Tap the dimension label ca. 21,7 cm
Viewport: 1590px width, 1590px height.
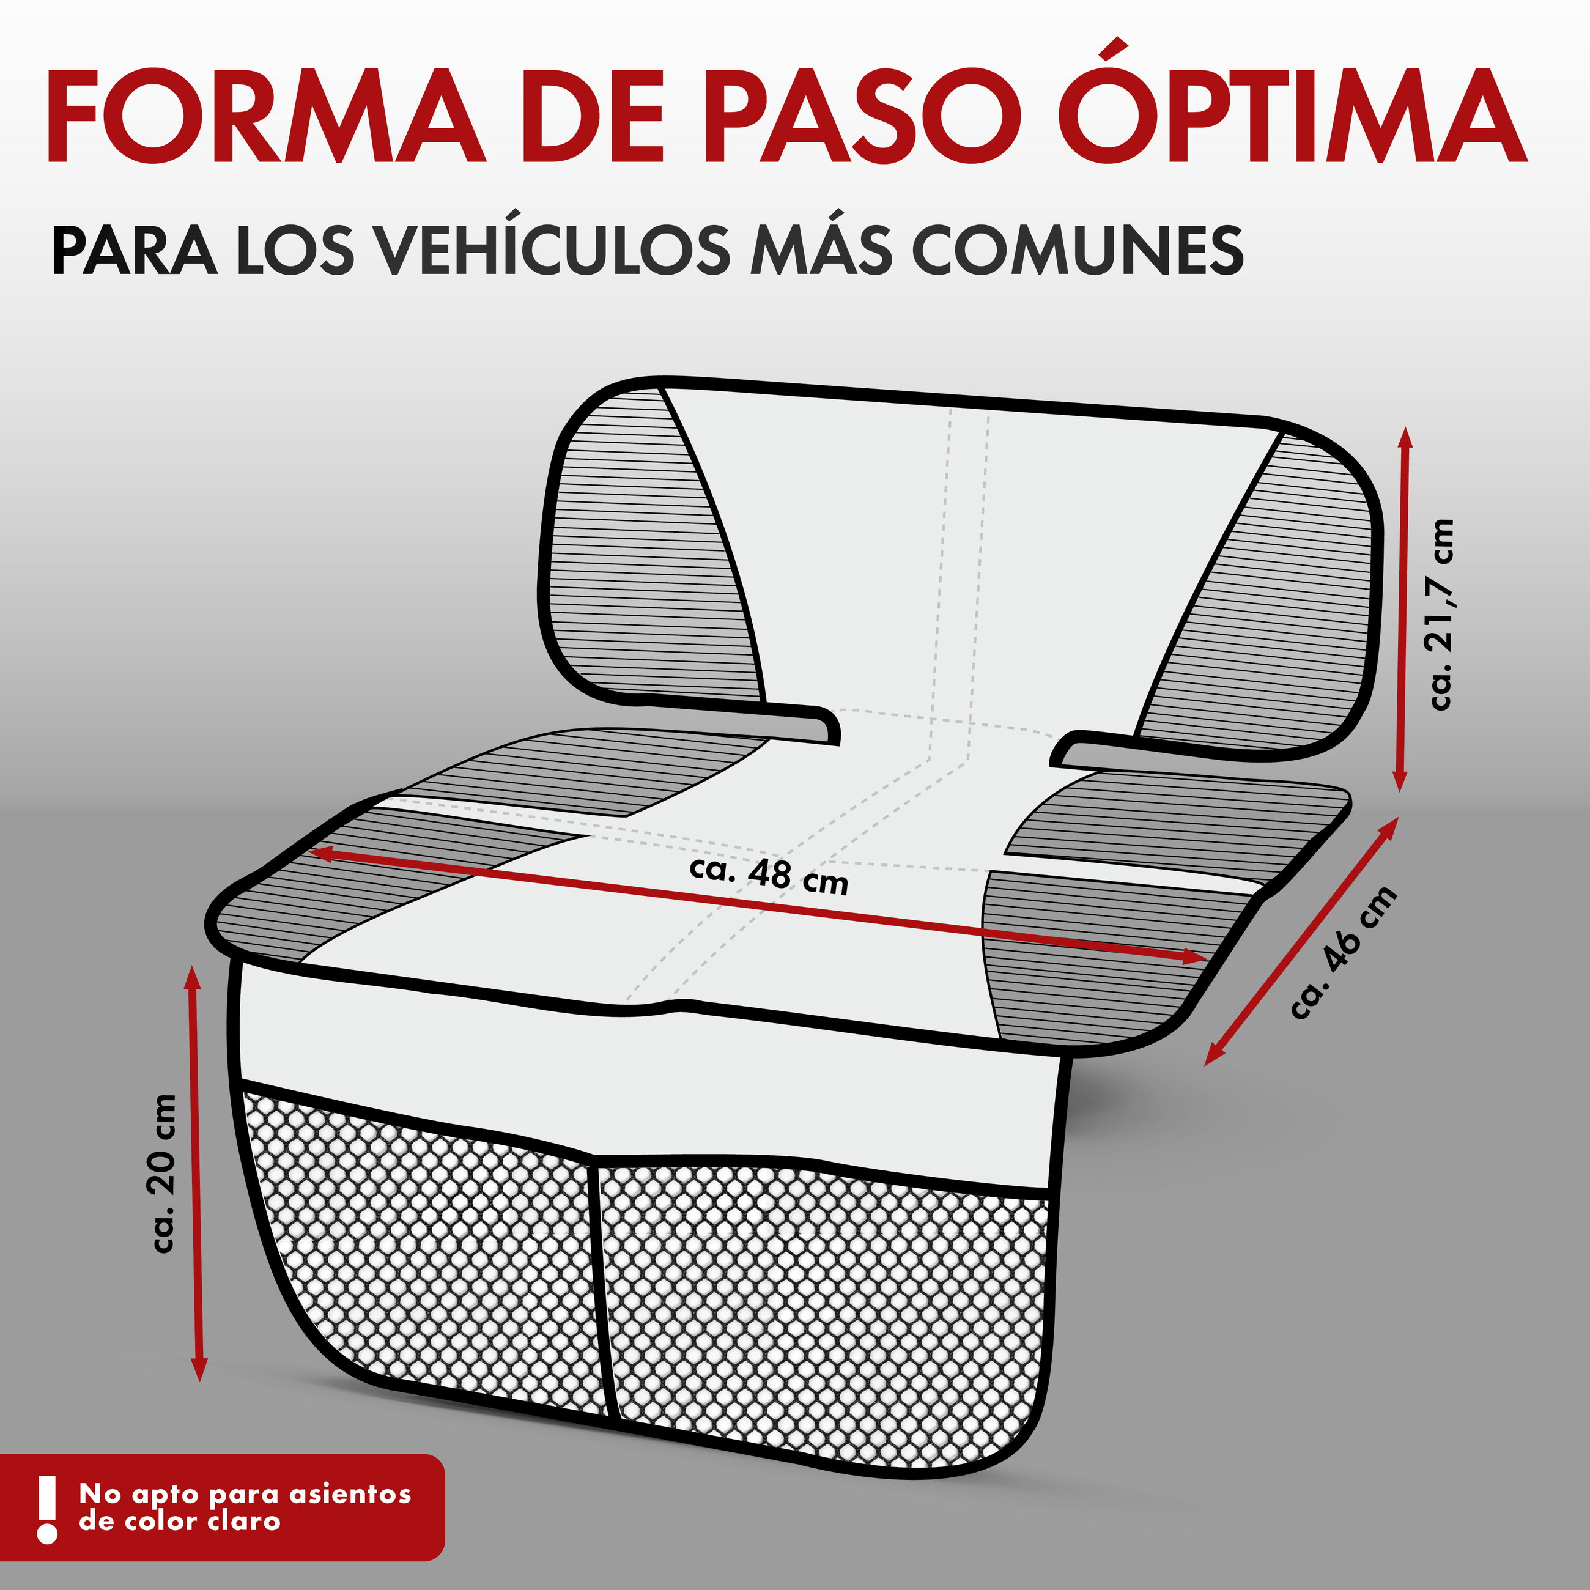coord(1441,614)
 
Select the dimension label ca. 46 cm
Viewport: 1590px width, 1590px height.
coord(1343,953)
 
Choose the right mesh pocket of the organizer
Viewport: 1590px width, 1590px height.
coord(823,1309)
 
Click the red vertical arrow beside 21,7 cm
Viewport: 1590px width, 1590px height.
coord(1402,610)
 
